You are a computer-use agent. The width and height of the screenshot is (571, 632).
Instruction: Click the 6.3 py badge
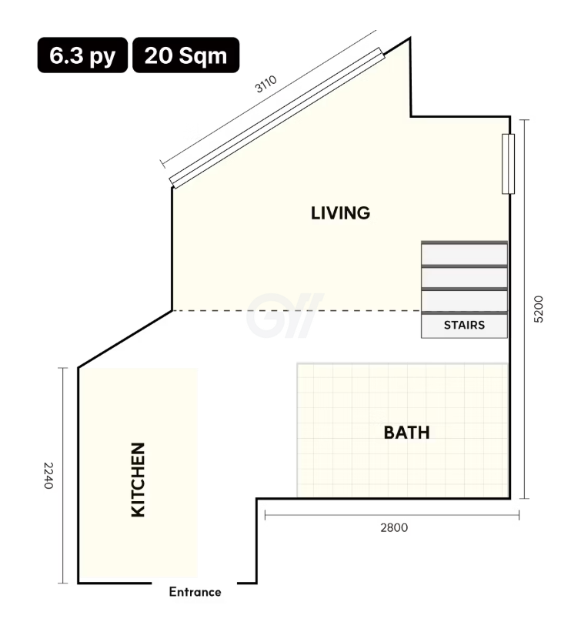click(x=82, y=55)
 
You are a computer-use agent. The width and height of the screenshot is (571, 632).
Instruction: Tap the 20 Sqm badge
click(x=185, y=55)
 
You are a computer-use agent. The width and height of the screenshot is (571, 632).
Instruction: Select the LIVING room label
click(x=340, y=213)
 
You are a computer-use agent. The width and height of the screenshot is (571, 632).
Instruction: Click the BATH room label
click(x=406, y=433)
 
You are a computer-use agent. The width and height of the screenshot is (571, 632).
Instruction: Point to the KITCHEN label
click(x=139, y=480)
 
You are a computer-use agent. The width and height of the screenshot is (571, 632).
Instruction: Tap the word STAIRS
click(x=464, y=325)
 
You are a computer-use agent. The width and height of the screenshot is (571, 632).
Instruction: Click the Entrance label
click(x=195, y=592)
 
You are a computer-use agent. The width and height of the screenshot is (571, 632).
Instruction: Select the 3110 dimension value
click(x=266, y=84)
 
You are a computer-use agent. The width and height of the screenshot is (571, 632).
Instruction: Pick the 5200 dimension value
click(x=539, y=309)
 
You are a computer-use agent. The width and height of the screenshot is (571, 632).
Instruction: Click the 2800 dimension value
click(x=394, y=527)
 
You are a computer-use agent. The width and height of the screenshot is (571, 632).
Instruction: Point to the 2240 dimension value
click(x=48, y=476)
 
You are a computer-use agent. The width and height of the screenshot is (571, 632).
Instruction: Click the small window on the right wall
click(x=508, y=164)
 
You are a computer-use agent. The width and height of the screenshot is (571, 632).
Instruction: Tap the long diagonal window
click(x=277, y=118)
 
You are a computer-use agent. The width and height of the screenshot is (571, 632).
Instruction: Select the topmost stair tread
click(x=464, y=253)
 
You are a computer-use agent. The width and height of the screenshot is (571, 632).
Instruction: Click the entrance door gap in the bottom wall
click(x=194, y=583)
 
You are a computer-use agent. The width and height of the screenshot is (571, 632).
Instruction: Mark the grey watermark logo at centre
click(x=285, y=316)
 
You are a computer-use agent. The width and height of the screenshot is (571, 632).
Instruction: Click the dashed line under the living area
click(x=296, y=311)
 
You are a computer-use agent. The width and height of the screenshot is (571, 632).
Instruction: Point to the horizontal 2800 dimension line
click(x=392, y=515)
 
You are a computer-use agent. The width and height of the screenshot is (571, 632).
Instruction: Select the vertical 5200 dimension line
click(x=524, y=309)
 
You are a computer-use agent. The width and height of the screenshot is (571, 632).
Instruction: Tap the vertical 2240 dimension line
click(x=62, y=475)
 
